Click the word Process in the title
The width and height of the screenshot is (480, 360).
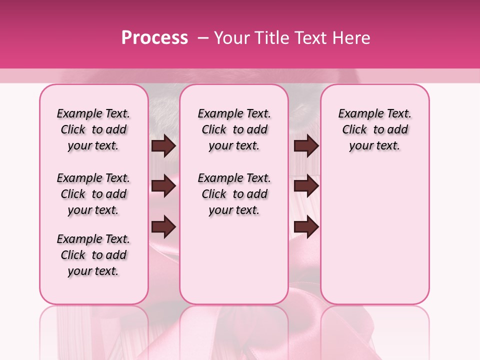pos(154,38)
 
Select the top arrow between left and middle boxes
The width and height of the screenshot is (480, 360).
pos(163,146)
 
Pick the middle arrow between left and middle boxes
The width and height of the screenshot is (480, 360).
pos(163,186)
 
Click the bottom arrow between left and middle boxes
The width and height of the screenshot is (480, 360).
pos(163,226)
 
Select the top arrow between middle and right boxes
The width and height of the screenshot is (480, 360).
pos(306,146)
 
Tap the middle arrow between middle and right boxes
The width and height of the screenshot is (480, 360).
pos(306,186)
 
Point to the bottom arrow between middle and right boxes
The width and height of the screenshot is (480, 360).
pos(306,226)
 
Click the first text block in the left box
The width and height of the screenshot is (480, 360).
pos(93,129)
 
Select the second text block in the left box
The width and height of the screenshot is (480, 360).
pos(93,194)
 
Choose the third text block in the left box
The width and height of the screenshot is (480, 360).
pos(93,255)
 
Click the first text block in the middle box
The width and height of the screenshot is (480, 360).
pos(234,129)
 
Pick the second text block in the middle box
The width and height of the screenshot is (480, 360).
pos(234,194)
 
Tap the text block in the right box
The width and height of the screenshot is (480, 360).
pos(375,129)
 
